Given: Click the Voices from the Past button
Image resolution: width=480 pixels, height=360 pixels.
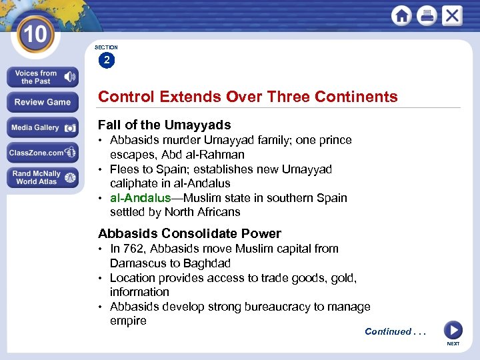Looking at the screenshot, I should pyautogui.click(x=43, y=77).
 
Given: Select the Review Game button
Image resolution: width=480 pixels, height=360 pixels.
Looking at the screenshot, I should pyautogui.click(x=43, y=102).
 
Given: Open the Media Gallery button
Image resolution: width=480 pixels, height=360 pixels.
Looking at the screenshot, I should pyautogui.click(x=43, y=127).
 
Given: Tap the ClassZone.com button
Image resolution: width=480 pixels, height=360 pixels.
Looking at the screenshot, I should pyautogui.click(x=43, y=153).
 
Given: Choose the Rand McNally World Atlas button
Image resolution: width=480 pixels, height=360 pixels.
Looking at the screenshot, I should pyautogui.click(x=43, y=177).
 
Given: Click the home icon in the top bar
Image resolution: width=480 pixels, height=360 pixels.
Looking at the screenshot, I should pyautogui.click(x=401, y=16).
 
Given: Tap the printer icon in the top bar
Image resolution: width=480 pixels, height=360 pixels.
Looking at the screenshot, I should pyautogui.click(x=427, y=16).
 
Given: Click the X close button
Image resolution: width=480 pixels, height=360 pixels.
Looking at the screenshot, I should pyautogui.click(x=452, y=16).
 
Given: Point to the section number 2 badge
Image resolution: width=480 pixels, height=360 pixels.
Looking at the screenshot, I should pyautogui.click(x=107, y=61).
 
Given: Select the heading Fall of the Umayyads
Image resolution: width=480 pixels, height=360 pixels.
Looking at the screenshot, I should pyautogui.click(x=164, y=125).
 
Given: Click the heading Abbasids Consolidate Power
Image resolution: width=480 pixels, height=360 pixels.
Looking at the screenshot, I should pyautogui.click(x=189, y=233).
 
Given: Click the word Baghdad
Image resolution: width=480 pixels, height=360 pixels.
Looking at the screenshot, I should pyautogui.click(x=206, y=263).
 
